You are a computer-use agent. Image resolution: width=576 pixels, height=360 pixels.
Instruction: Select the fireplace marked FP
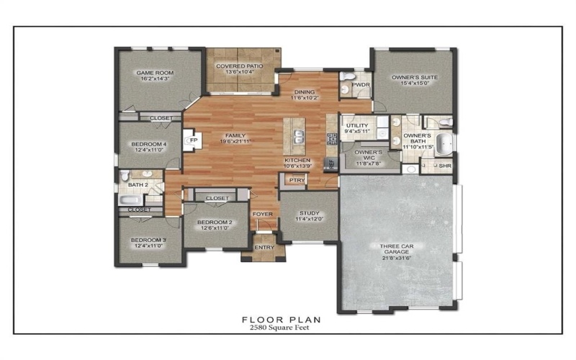[x=192, y=140]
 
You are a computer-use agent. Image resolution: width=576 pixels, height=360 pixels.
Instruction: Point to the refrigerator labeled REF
[x=332, y=163]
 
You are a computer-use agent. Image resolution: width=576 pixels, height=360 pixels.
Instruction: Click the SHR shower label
[x=445, y=166]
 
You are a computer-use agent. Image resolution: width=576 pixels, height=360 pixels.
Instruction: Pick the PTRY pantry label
[x=295, y=180]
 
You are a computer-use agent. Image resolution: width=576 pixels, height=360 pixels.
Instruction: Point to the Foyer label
[x=262, y=214]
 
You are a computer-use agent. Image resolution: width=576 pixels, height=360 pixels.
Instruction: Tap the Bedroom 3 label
[x=148, y=240]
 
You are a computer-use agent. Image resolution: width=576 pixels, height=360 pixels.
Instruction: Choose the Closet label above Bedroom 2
[x=217, y=198]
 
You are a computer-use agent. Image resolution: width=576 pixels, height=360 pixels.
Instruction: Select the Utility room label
[x=356, y=125]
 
